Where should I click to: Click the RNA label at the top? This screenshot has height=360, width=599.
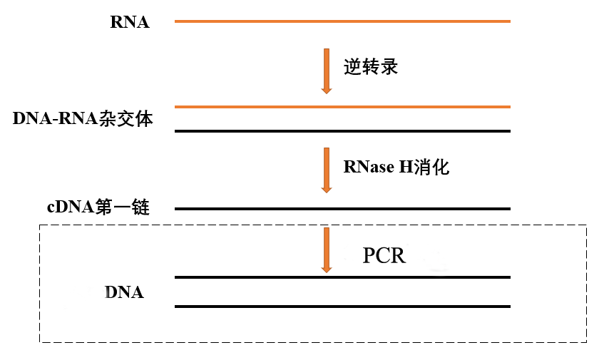tap(130, 22)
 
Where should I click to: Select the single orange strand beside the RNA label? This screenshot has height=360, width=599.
tap(342, 21)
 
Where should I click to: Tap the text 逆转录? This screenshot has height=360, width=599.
tap(371, 67)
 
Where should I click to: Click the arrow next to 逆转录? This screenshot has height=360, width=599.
tap(327, 71)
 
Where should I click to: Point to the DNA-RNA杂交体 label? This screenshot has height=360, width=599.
tap(83, 118)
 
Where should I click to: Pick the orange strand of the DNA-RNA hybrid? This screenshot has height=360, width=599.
tap(342, 107)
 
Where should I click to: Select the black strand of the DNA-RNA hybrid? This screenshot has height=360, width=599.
tap(342, 131)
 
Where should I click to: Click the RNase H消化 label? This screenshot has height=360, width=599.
tap(396, 167)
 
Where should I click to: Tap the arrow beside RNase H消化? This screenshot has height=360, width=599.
tap(327, 170)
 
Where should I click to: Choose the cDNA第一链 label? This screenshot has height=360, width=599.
tap(98, 207)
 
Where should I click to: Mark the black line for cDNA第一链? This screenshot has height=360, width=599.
tap(342, 209)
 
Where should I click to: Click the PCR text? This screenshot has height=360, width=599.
tap(384, 255)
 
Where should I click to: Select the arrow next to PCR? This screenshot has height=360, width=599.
tap(327, 250)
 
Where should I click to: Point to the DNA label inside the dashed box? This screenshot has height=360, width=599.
tap(124, 292)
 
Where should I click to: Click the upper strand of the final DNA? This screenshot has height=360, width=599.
tap(342, 277)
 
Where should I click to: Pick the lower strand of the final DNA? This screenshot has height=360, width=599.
tap(342, 307)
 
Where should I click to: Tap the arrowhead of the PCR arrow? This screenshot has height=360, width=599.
tap(327, 269)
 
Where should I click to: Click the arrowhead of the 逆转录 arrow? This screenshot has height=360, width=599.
tap(327, 90)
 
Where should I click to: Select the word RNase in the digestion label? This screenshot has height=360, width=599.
tap(369, 167)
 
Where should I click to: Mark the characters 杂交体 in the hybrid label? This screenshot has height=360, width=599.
tap(126, 118)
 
